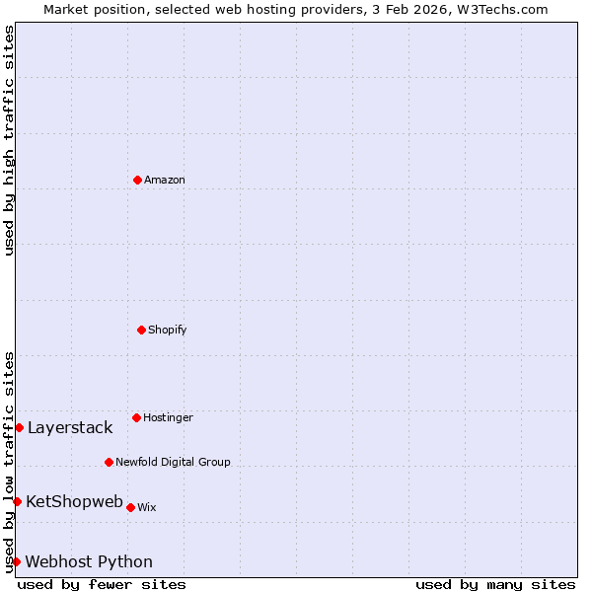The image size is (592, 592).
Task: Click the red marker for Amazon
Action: pos(137,180)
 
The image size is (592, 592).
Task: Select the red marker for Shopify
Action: pos(141,330)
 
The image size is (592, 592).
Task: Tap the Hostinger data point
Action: pos(136,417)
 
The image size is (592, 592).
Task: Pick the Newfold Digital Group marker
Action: pos(109,462)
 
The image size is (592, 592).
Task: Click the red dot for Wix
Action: pos(130,507)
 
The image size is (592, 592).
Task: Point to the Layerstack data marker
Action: pos(19,427)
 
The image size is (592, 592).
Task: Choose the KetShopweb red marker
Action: pos(17,501)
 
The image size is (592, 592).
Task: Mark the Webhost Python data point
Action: pos(16,561)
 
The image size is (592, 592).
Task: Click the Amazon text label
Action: pos(165,180)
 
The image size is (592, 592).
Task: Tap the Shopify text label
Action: pos(168,330)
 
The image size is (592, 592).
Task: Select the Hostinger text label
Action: pos(168,417)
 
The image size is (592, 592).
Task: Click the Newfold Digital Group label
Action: pos(173,462)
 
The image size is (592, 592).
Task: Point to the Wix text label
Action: pos(146,507)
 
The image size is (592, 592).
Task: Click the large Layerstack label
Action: pos(70,427)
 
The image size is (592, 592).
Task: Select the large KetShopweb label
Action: pos(74,501)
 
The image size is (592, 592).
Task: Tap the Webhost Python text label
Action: pos(89,561)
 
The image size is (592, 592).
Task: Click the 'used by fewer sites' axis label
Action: pos(102,584)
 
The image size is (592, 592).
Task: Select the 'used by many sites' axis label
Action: pos(495,584)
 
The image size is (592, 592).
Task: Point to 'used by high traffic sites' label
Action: pos(9,140)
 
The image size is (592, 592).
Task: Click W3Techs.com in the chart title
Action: pos(501,9)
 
